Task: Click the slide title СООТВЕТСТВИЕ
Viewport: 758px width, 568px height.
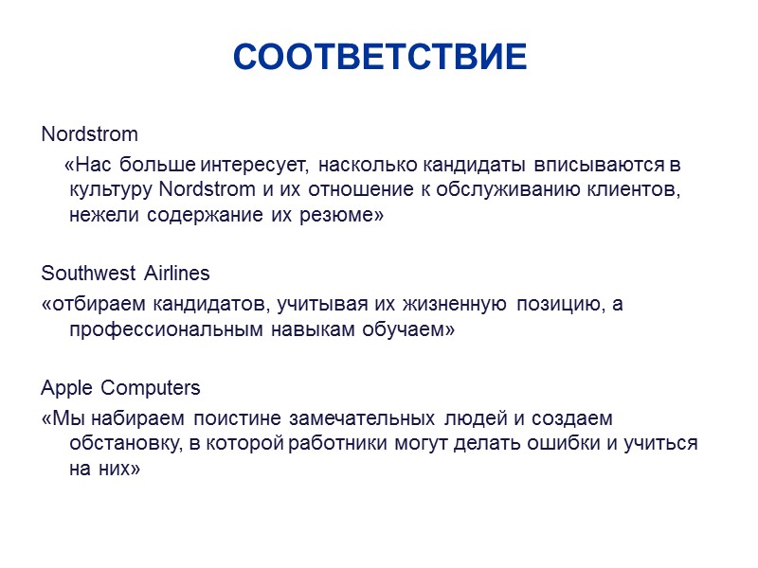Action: click(x=379, y=58)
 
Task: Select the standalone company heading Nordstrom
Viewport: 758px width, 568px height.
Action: click(x=89, y=133)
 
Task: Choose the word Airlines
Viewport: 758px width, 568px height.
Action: click(x=177, y=274)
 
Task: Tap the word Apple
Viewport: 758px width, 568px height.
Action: click(x=67, y=389)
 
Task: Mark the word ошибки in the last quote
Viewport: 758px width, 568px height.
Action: click(x=566, y=444)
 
